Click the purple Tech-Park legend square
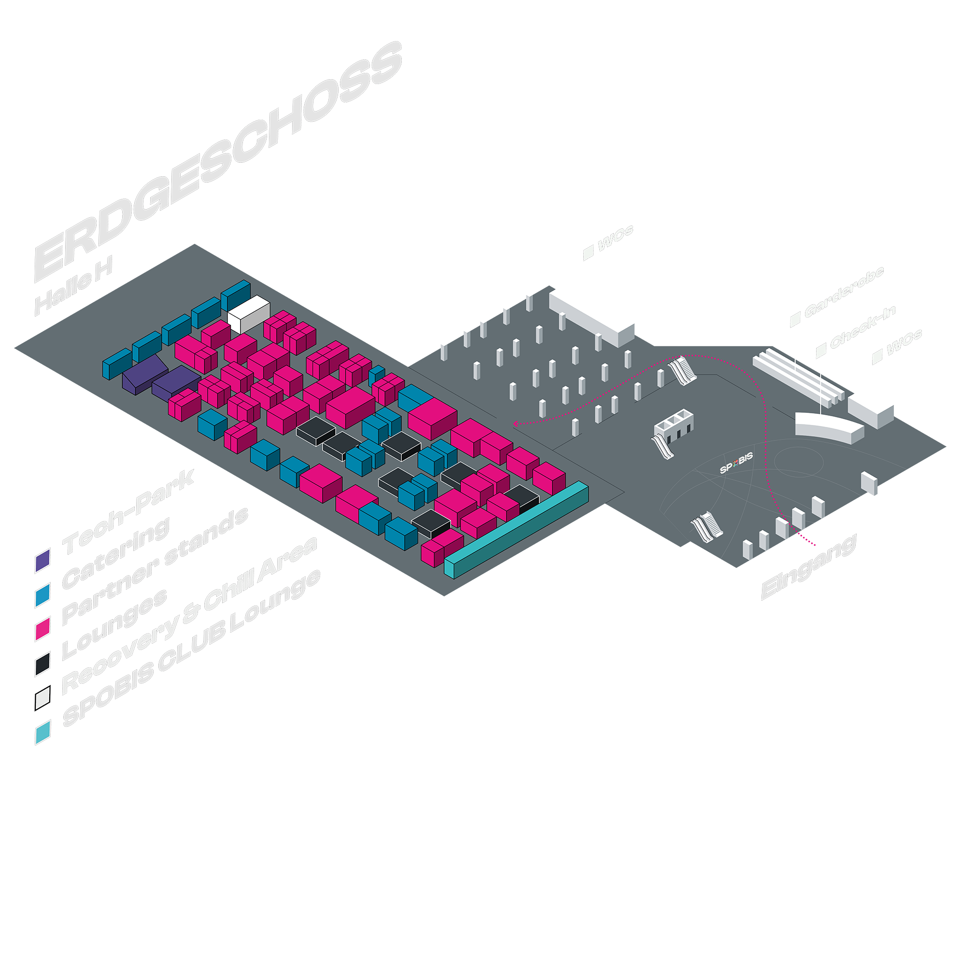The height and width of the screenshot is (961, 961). point(42,561)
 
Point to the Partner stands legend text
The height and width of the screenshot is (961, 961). point(154,567)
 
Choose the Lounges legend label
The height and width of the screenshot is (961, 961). point(114,625)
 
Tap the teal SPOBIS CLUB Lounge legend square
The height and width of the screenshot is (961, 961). point(42,733)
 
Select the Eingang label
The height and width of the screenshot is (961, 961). point(808,567)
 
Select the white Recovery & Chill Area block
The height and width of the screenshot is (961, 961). point(249,313)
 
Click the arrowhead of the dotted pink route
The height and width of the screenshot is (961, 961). point(516,424)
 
